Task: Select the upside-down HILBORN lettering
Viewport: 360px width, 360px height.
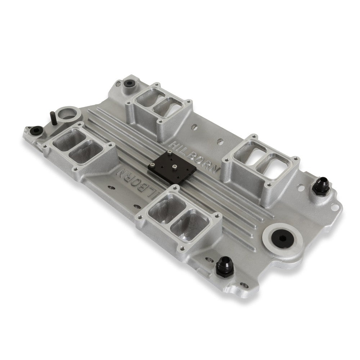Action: (138, 183)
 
